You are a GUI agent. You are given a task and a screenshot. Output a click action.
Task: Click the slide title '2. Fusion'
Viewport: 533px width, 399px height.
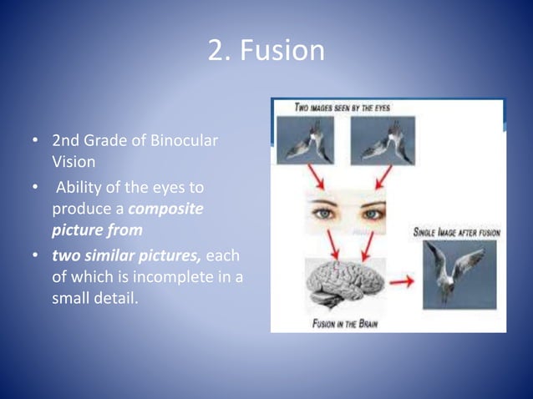coord(266,51)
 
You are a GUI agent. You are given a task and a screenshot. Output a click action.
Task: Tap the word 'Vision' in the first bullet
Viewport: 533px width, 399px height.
coord(73,161)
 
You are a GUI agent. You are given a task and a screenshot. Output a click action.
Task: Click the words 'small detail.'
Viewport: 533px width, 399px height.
coord(92,298)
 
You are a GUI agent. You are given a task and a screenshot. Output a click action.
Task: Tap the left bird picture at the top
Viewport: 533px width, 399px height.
coord(305,139)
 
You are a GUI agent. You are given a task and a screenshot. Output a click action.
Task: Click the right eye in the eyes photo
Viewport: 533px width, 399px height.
coord(368,213)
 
